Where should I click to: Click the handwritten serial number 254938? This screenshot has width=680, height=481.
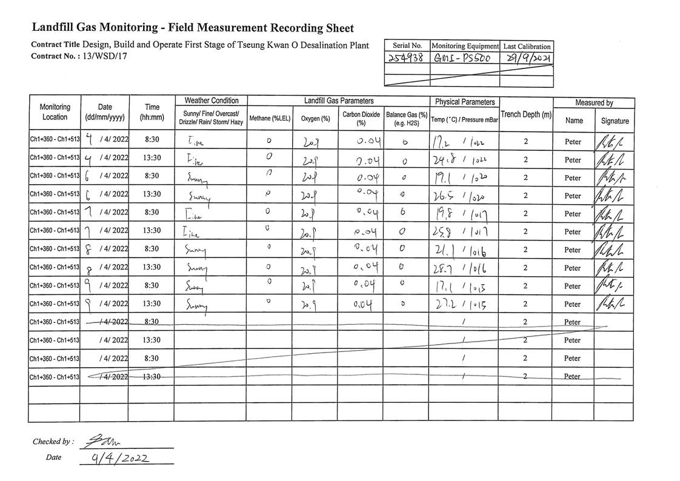[x=407, y=59]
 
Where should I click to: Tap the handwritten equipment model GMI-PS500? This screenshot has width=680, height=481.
[x=464, y=59]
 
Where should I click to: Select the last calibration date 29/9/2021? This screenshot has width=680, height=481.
[x=527, y=59]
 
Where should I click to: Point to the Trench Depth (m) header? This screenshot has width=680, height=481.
[x=525, y=114]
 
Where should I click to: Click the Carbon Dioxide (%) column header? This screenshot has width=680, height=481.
[x=361, y=118]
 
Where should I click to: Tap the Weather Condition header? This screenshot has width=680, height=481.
[x=211, y=101]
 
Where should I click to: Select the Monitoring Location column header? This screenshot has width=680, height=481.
[x=55, y=112]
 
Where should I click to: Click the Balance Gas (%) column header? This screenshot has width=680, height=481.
[x=406, y=118]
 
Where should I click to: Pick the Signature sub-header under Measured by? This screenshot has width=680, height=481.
[x=615, y=121]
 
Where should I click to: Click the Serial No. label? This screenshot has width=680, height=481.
[x=407, y=46]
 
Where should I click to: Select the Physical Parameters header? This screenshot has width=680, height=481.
[x=464, y=102]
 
